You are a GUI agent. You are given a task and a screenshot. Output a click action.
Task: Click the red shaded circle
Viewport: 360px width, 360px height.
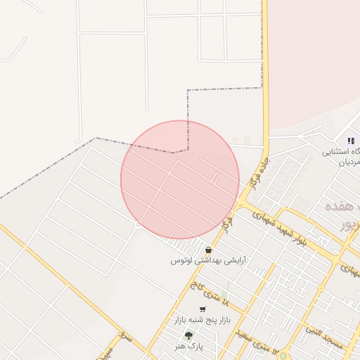coord(179,179)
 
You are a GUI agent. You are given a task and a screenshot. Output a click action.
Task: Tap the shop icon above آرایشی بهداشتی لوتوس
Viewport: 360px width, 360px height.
coord(208,250)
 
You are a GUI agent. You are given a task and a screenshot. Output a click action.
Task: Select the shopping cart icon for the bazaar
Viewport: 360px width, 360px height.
coord(202,309)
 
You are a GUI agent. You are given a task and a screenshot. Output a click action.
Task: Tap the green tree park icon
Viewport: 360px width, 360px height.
coord(188,335)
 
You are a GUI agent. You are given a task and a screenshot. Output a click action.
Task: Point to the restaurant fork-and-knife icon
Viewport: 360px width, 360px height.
coord(350,141)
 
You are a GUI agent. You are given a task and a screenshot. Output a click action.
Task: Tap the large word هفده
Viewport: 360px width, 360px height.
coord(344,209)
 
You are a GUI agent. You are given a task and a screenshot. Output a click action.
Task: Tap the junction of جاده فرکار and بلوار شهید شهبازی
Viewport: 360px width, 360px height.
coord(242,205)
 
